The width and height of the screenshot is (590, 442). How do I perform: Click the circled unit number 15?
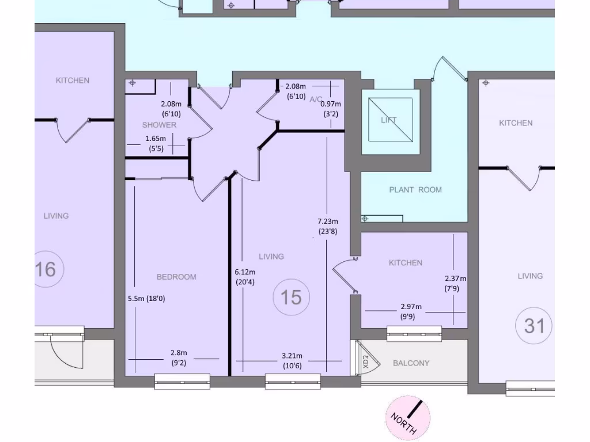coord(291,298)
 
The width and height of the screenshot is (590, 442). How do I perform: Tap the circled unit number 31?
coord(534,326)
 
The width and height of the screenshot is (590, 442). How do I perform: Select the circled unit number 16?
coord(46,269)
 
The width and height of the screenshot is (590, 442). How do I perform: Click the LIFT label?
coord(389,120)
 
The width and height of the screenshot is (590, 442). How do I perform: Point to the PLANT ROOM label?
coord(415,190)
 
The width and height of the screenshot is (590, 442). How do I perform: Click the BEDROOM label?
coord(176,277)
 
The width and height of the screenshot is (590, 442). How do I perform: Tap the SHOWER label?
coord(160,125)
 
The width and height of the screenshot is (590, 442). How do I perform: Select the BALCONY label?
coord(411,363)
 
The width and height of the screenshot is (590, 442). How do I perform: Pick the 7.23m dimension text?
coord(328,221)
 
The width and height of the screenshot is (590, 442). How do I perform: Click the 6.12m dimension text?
coord(245,272)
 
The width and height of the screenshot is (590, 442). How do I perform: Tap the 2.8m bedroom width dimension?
coord(179,353)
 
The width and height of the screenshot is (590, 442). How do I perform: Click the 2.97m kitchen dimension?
coord(411,307)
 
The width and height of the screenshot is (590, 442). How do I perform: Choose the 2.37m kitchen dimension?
coord(455,279)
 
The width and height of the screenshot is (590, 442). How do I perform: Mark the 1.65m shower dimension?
coord(156,139)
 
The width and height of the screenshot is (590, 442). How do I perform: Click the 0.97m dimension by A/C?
coord(331,104)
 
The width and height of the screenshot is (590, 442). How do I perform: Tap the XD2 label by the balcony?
coord(366,361)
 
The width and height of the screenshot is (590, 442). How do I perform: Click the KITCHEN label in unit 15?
coord(406,263)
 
